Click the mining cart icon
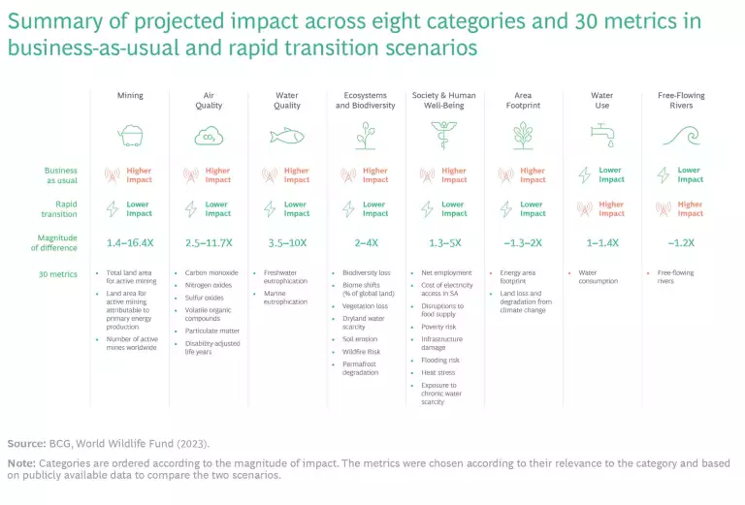(130, 135)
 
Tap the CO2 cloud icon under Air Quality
(209, 135)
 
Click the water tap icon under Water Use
(602, 135)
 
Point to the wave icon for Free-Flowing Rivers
(681, 135)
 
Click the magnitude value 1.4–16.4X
(130, 242)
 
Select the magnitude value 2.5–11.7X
(209, 242)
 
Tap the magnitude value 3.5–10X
(288, 242)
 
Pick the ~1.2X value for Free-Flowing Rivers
(681, 242)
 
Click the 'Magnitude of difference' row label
(58, 242)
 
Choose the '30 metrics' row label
(57, 273)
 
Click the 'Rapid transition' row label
(59, 208)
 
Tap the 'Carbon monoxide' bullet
(211, 273)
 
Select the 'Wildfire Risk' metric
(361, 353)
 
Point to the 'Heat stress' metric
(437, 372)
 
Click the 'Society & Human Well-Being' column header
(445, 100)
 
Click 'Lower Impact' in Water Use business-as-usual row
(611, 174)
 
